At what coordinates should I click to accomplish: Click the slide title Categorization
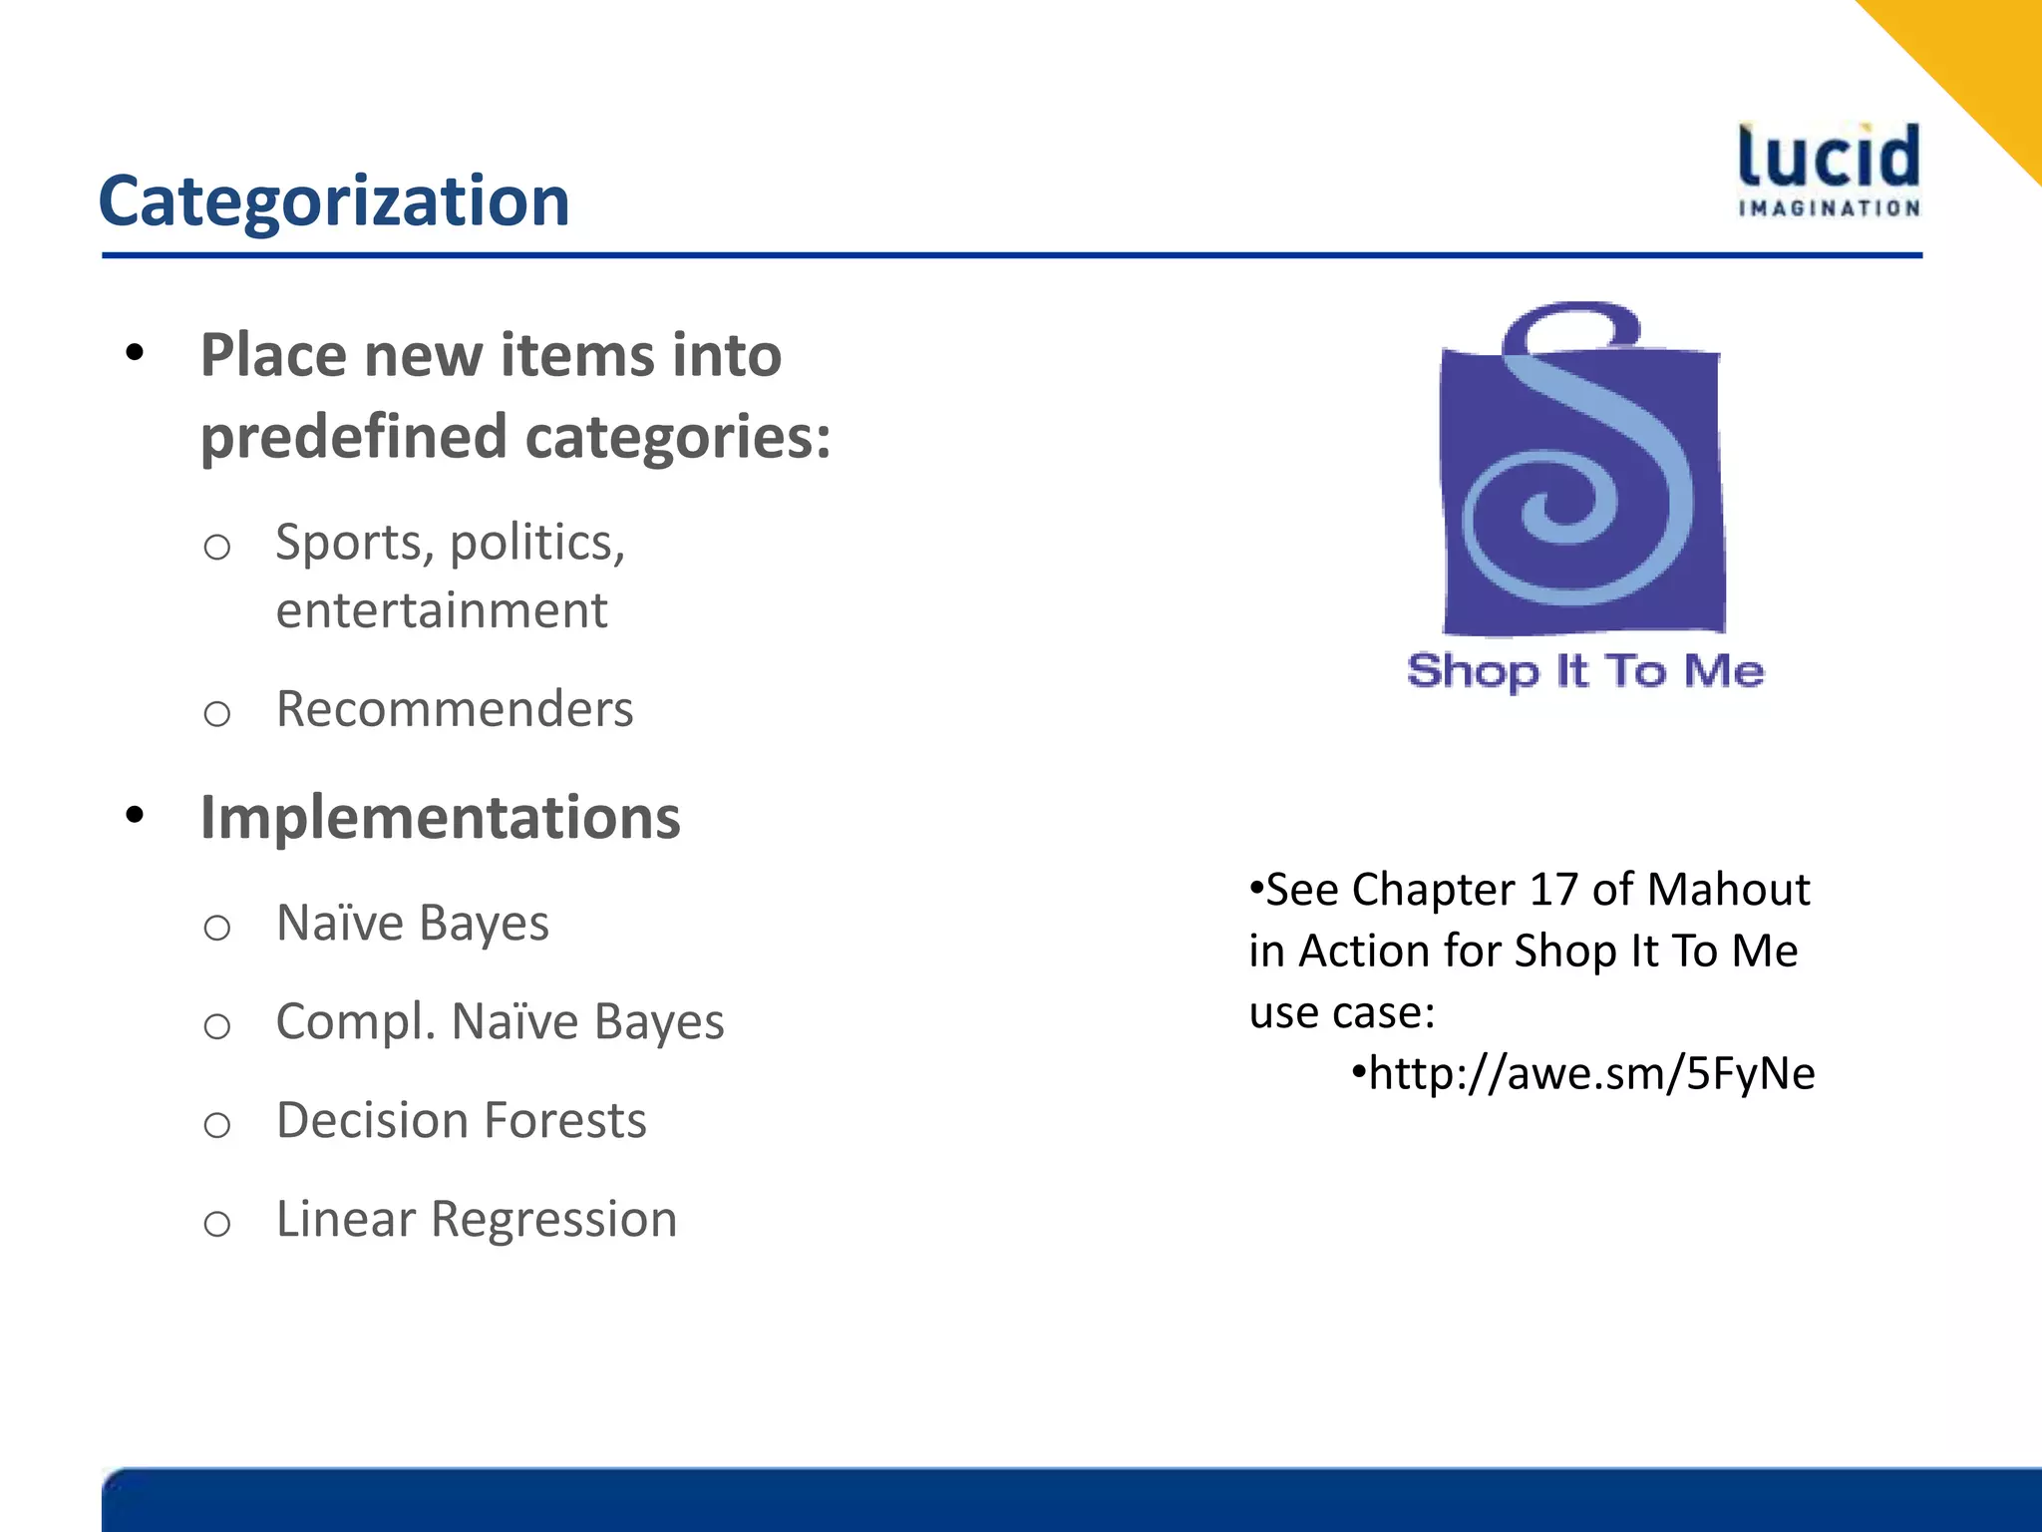pyautogui.click(x=334, y=201)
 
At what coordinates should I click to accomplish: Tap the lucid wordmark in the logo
pyautogui.click(x=1829, y=158)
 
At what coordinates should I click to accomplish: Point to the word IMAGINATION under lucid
pyautogui.click(x=1829, y=208)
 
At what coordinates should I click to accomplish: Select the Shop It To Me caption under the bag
pyautogui.click(x=1585, y=671)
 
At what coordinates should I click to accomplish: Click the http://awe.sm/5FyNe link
pyautogui.click(x=1591, y=1074)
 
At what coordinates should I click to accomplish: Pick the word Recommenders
pyautogui.click(x=455, y=709)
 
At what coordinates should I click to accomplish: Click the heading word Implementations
pyautogui.click(x=440, y=818)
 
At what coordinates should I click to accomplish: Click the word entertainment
pyautogui.click(x=442, y=610)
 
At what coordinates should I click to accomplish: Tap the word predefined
pyautogui.click(x=354, y=437)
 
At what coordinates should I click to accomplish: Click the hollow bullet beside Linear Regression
pyautogui.click(x=217, y=1224)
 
